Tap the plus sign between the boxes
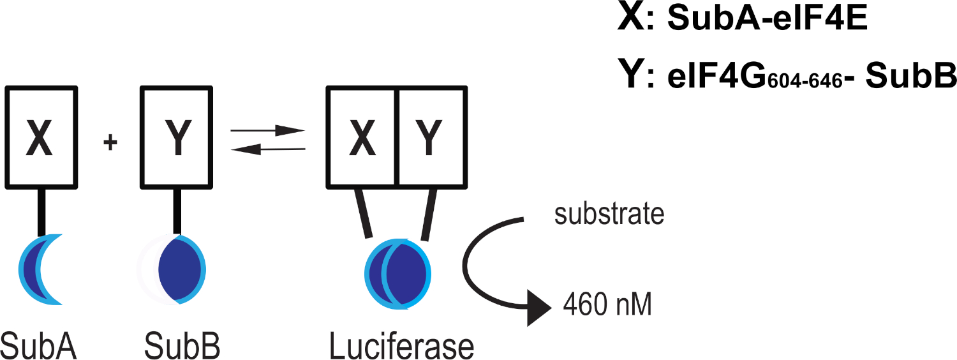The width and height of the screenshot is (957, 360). click(x=110, y=143)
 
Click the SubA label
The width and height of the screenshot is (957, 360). click(x=40, y=345)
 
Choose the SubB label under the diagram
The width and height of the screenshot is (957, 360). click(x=182, y=345)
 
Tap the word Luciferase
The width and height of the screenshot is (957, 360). click(x=401, y=345)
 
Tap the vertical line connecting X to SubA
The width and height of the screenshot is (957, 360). click(x=42, y=213)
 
